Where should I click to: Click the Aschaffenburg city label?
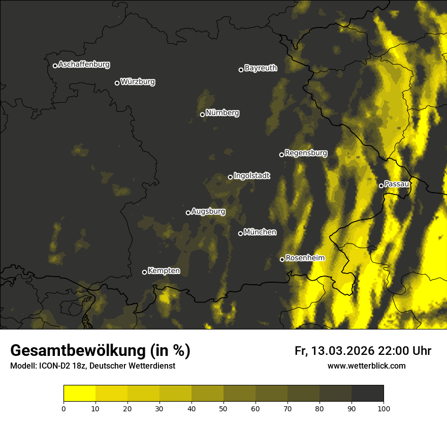tap(84, 65)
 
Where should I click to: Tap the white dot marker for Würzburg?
tap(117, 83)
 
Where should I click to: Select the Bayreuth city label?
tap(261, 68)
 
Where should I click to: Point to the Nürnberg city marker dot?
tap(202, 114)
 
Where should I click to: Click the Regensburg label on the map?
tap(306, 153)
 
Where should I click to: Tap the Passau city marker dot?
tap(381, 186)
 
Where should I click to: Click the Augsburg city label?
tap(208, 212)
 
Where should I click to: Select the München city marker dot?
tap(240, 234)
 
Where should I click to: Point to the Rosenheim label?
tap(305, 258)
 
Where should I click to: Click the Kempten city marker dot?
tap(144, 272)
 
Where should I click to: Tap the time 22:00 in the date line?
tap(394, 351)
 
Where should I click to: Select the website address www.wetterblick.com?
tap(366, 366)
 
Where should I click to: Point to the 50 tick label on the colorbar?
tap(223, 408)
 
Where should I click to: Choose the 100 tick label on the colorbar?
tap(384, 408)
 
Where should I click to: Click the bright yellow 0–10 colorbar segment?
tap(79, 394)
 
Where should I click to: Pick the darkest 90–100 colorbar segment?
tap(367, 394)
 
